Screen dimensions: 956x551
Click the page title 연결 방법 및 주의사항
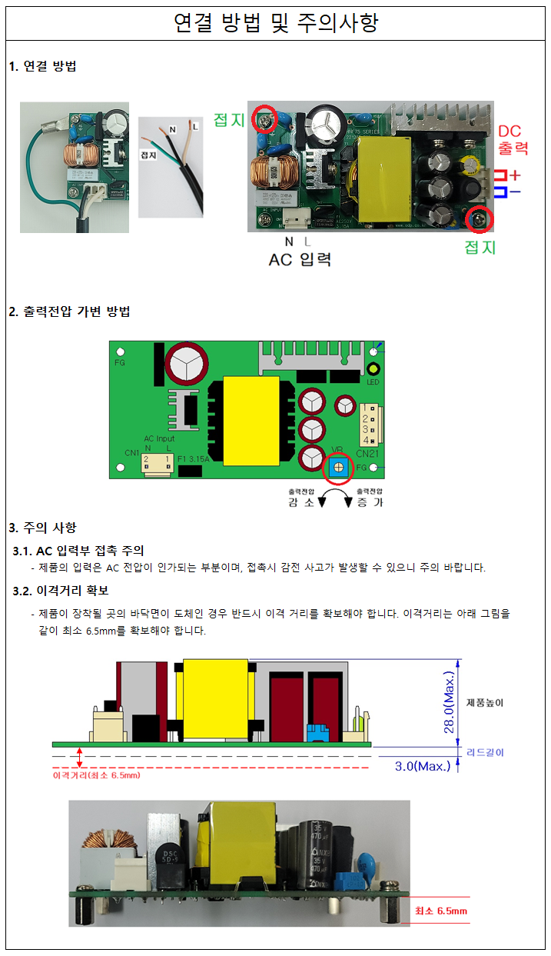coord(275,23)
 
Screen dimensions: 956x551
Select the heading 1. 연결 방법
coord(42,66)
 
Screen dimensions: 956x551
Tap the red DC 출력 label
coord(513,139)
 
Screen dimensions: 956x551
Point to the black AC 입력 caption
coord(300,259)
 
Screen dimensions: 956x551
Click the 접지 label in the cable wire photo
coord(148,155)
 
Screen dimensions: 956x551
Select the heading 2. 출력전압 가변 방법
coord(69,311)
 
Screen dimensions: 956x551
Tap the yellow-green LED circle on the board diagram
coord(373,369)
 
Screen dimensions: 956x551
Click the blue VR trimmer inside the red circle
coord(337,466)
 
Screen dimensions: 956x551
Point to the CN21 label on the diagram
coord(367,454)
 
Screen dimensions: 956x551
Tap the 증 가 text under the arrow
coord(367,502)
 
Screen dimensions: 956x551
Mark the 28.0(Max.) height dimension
coord(450,701)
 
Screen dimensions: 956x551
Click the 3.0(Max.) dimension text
coord(423,766)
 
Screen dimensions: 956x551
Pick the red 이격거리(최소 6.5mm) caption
coord(96,776)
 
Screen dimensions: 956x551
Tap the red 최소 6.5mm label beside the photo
coord(440,911)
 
